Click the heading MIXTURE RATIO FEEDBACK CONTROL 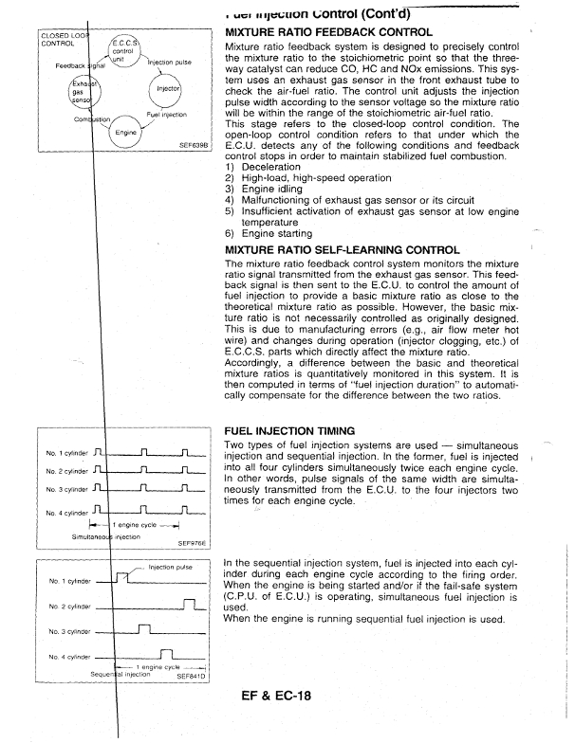pyautogui.click(x=328, y=32)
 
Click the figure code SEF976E pyautogui.click(x=193, y=545)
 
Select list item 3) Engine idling pyautogui.click(x=267, y=189)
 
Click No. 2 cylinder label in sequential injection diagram pyautogui.click(x=66, y=605)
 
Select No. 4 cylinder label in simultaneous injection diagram pyautogui.click(x=66, y=513)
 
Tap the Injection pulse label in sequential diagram pyautogui.click(x=171, y=567)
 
